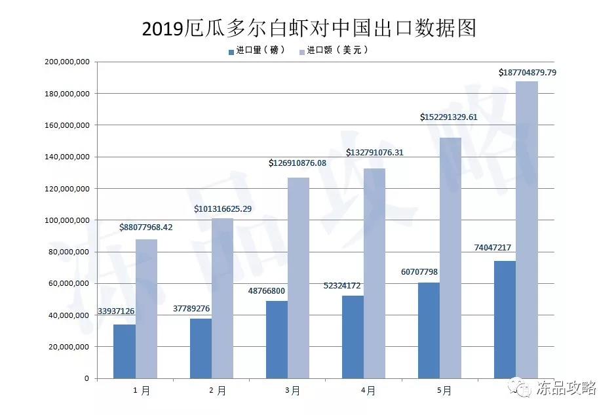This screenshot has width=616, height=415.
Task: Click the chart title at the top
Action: click(x=308, y=28)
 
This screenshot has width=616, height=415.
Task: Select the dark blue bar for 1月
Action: click(x=125, y=351)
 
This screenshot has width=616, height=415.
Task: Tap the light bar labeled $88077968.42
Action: click(x=146, y=308)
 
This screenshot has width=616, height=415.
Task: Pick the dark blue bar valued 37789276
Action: click(x=201, y=348)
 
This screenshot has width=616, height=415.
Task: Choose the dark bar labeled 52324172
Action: click(x=353, y=337)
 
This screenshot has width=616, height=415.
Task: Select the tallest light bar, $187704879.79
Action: click(x=527, y=229)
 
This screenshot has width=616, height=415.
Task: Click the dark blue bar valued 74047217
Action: click(x=505, y=319)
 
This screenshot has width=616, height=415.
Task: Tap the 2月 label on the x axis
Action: click(x=218, y=391)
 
